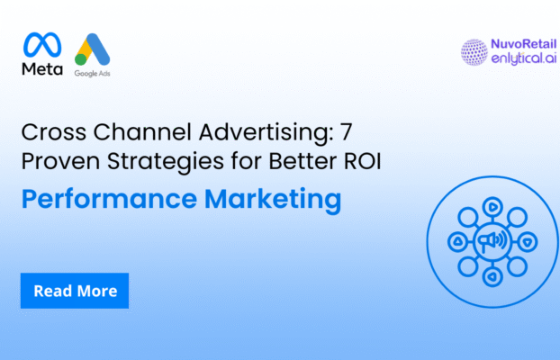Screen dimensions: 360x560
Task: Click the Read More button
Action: coord(75,291)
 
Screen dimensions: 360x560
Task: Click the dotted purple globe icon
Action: coord(474,52)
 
